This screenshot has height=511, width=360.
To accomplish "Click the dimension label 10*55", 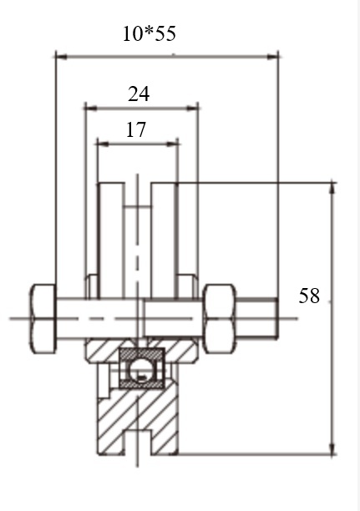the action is [150, 33].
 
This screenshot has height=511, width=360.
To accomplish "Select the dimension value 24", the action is [139, 94].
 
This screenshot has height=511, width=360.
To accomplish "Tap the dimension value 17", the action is [136, 129].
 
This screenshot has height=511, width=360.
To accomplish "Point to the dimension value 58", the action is [309, 296].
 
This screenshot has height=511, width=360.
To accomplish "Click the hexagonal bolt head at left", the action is [43, 319].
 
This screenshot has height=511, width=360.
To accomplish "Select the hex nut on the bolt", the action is [219, 319].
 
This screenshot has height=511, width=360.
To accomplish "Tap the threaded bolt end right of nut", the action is [257, 319].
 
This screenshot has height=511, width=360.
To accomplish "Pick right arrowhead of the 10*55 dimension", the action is [272, 57].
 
